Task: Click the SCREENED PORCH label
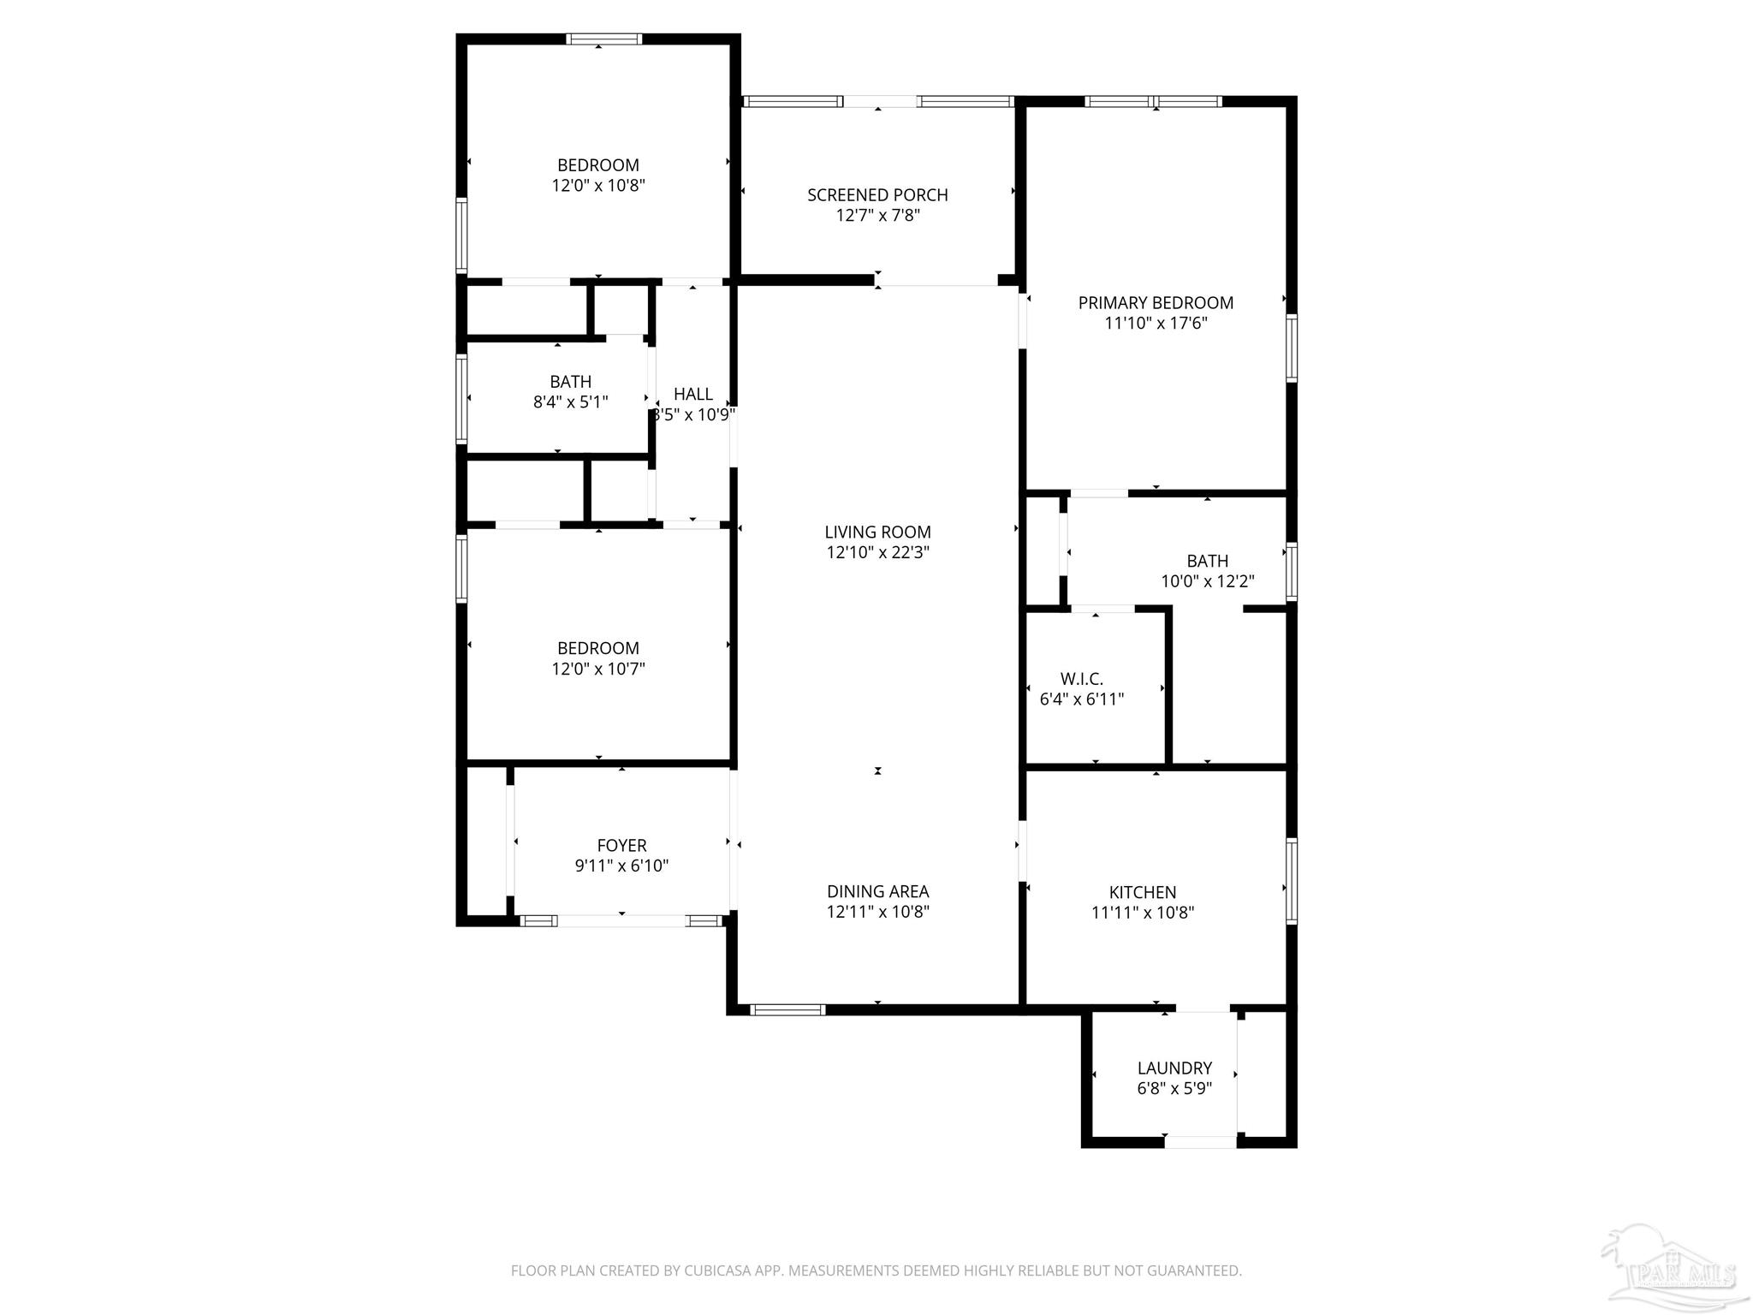pyautogui.click(x=877, y=195)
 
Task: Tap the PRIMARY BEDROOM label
pyautogui.click(x=1156, y=303)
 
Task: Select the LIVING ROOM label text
pyautogui.click(x=877, y=532)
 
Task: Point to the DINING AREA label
pyautogui.click(x=877, y=891)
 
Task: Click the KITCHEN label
pyautogui.click(x=1143, y=892)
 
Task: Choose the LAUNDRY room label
pyautogui.click(x=1174, y=1068)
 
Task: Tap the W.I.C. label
pyautogui.click(x=1081, y=679)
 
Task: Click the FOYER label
pyautogui.click(x=621, y=845)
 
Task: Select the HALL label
pyautogui.click(x=692, y=394)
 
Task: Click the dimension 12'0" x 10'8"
pyautogui.click(x=598, y=186)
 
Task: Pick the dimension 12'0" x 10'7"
pyautogui.click(x=598, y=669)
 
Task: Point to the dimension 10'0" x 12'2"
pyautogui.click(x=1207, y=582)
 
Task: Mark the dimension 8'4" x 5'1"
pyautogui.click(x=570, y=402)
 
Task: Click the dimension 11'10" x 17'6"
pyautogui.click(x=1156, y=324)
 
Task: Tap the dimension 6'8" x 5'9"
pyautogui.click(x=1174, y=1089)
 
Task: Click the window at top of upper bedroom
pyautogui.click(x=603, y=39)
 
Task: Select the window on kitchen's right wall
pyautogui.click(x=1292, y=881)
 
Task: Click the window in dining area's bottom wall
pyautogui.click(x=787, y=1010)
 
